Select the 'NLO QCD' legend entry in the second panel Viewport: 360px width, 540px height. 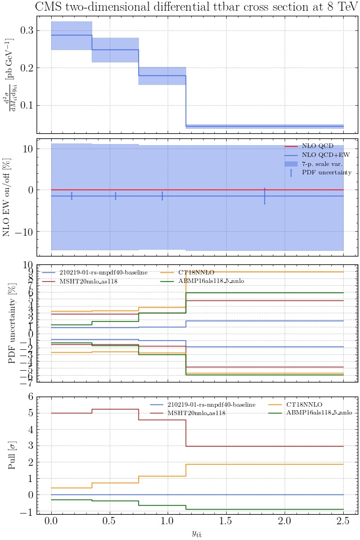[x=317, y=146]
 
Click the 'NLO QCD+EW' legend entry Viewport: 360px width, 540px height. [x=322, y=155]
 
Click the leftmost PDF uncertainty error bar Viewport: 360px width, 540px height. [x=71, y=196]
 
